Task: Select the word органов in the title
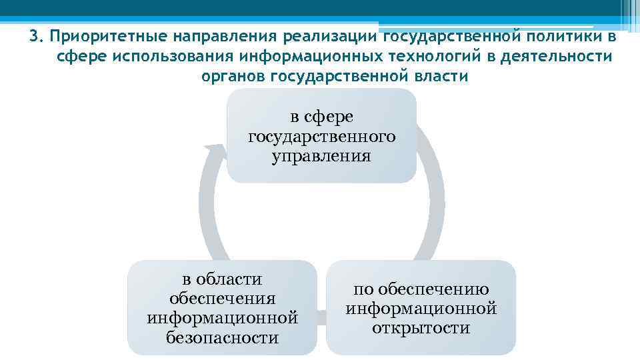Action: (234, 76)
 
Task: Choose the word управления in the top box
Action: (321, 157)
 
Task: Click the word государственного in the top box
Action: (321, 137)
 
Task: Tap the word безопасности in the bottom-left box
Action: (222, 337)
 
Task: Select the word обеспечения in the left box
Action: (222, 299)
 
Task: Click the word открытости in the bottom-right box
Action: (421, 328)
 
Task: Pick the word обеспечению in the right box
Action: (421, 289)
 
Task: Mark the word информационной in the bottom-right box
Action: (421, 309)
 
